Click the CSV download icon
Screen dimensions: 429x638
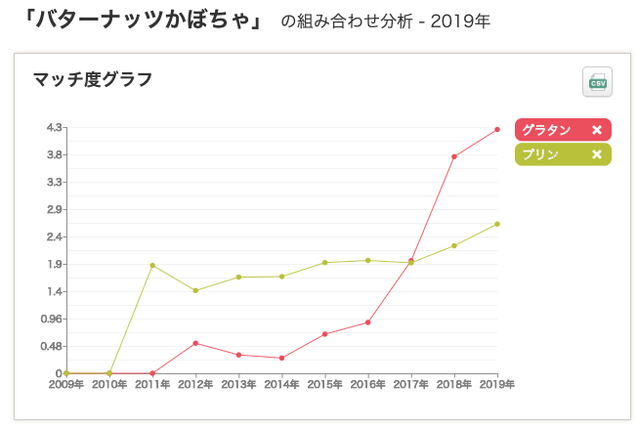coord(596,83)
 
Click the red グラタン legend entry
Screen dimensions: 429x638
coord(546,130)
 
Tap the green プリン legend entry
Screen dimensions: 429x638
coord(540,154)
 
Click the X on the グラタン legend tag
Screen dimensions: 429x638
coord(597,130)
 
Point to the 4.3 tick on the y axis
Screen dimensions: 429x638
coord(54,127)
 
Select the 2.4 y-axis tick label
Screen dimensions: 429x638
coord(54,236)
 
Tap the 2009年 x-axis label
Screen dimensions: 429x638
coord(66,385)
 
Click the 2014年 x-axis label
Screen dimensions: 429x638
coord(281,385)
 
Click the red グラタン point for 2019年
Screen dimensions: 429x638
coord(497,129)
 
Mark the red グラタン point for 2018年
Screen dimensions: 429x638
coord(454,156)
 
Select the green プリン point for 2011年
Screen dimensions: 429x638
coord(152,265)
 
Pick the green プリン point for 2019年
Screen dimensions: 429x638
coord(497,224)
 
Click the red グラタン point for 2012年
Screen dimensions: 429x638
coord(195,343)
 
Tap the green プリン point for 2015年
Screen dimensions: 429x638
coord(324,263)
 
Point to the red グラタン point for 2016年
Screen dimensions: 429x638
coord(368,322)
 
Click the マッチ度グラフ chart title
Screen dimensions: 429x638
coord(92,79)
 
